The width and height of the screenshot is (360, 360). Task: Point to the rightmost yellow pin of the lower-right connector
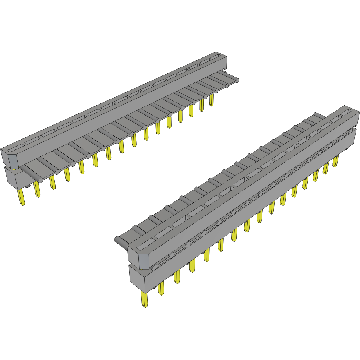click(335, 161)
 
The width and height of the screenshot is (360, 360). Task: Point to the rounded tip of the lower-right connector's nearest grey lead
click(117, 240)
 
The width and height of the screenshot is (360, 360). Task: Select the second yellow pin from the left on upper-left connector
click(37, 190)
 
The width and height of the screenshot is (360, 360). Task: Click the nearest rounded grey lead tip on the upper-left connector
click(40, 180)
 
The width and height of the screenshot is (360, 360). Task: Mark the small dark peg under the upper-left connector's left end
click(28, 186)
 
